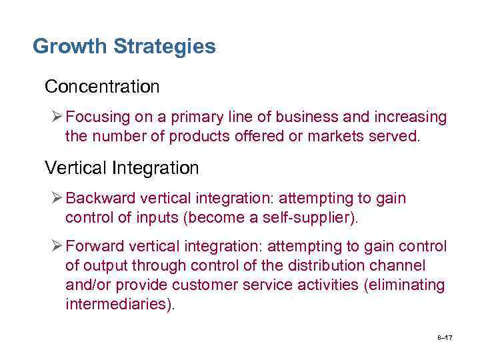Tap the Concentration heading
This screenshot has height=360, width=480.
tap(102, 87)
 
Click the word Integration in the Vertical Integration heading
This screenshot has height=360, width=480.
tap(156, 168)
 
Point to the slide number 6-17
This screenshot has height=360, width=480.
tap(445, 338)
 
